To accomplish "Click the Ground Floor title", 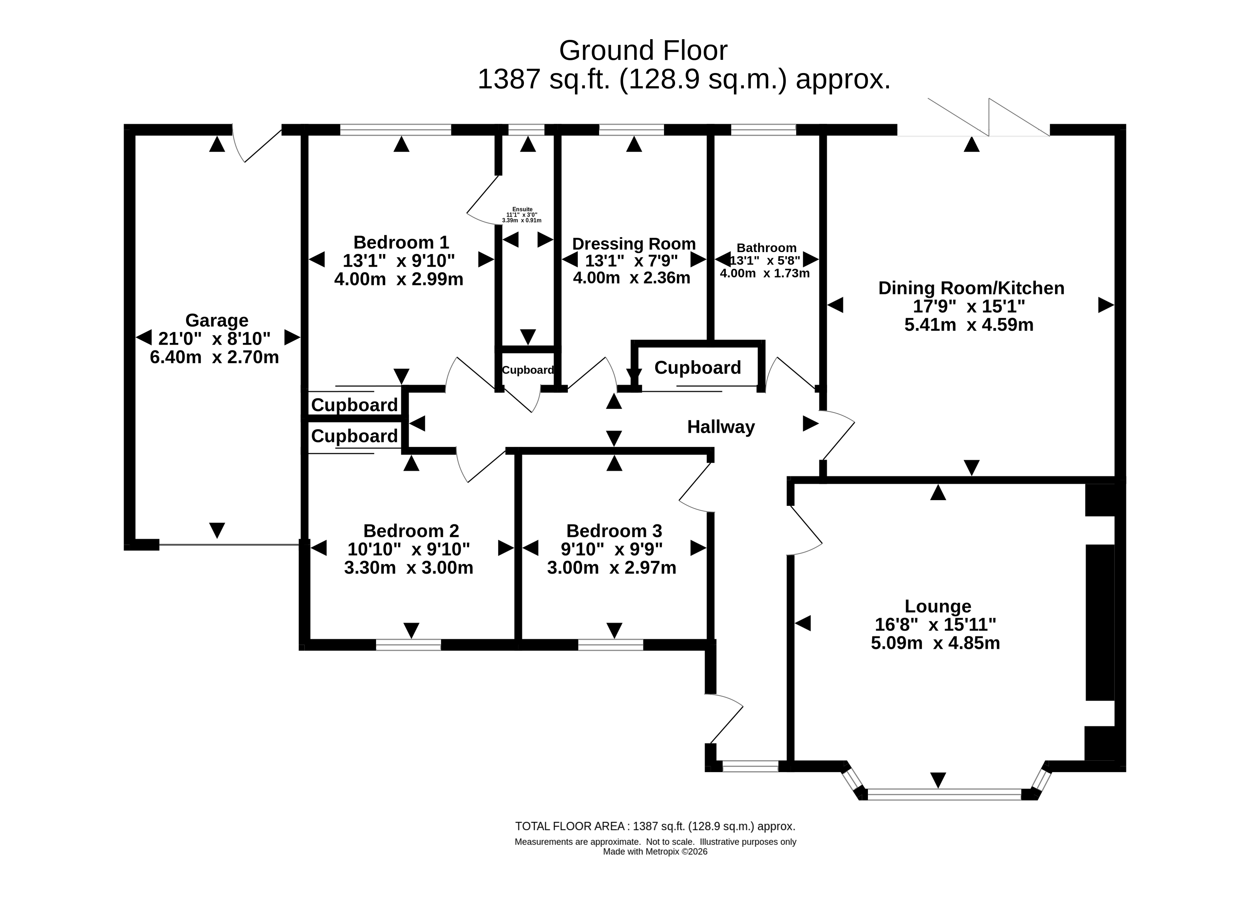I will (x=643, y=51).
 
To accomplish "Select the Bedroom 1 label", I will (x=401, y=242).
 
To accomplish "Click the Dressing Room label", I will (x=634, y=244).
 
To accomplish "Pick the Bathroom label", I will (x=766, y=248).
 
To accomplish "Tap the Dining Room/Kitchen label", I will (x=971, y=288).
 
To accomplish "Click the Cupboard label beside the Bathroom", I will (x=698, y=368).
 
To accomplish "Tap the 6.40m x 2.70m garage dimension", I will (x=214, y=357).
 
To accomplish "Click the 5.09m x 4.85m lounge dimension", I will (x=935, y=643).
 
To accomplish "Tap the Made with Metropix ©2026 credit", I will (x=655, y=852).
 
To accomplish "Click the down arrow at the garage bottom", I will (x=217, y=530).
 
